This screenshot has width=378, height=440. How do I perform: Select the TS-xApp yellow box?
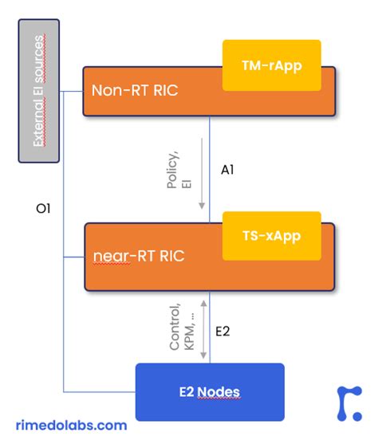[271, 237]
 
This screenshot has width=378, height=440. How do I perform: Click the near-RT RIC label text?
[138, 257]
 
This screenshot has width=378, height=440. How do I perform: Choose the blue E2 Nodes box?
[209, 391]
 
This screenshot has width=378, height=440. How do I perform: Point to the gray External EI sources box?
[38, 91]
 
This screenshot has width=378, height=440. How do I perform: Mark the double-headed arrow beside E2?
[205, 328]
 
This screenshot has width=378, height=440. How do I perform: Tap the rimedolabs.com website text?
[71, 426]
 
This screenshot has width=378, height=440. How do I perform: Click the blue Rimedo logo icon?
[348, 402]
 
